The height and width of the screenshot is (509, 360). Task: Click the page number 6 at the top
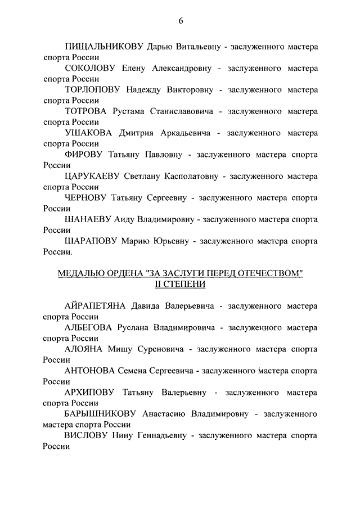[181, 21]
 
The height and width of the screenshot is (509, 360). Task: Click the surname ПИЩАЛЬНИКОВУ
[105, 47]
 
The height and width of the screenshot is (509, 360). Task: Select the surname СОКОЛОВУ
[90, 69]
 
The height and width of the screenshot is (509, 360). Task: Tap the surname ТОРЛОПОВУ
[94, 90]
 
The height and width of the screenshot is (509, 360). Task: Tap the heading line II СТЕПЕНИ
[181, 284]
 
